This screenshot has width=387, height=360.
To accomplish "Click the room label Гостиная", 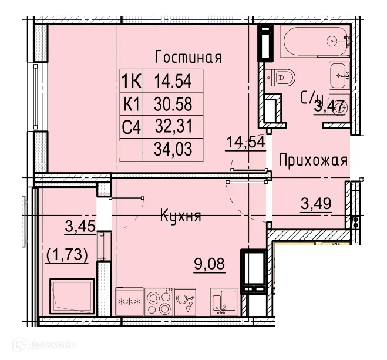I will [187, 57].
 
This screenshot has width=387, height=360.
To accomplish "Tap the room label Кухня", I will [180, 216].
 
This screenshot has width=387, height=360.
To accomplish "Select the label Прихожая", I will [313, 160].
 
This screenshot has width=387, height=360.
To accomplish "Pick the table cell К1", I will [131, 103].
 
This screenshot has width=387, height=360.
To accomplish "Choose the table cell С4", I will [131, 126].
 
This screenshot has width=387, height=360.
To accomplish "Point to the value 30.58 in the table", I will [173, 103].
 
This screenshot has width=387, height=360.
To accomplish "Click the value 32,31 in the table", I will [173, 126].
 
